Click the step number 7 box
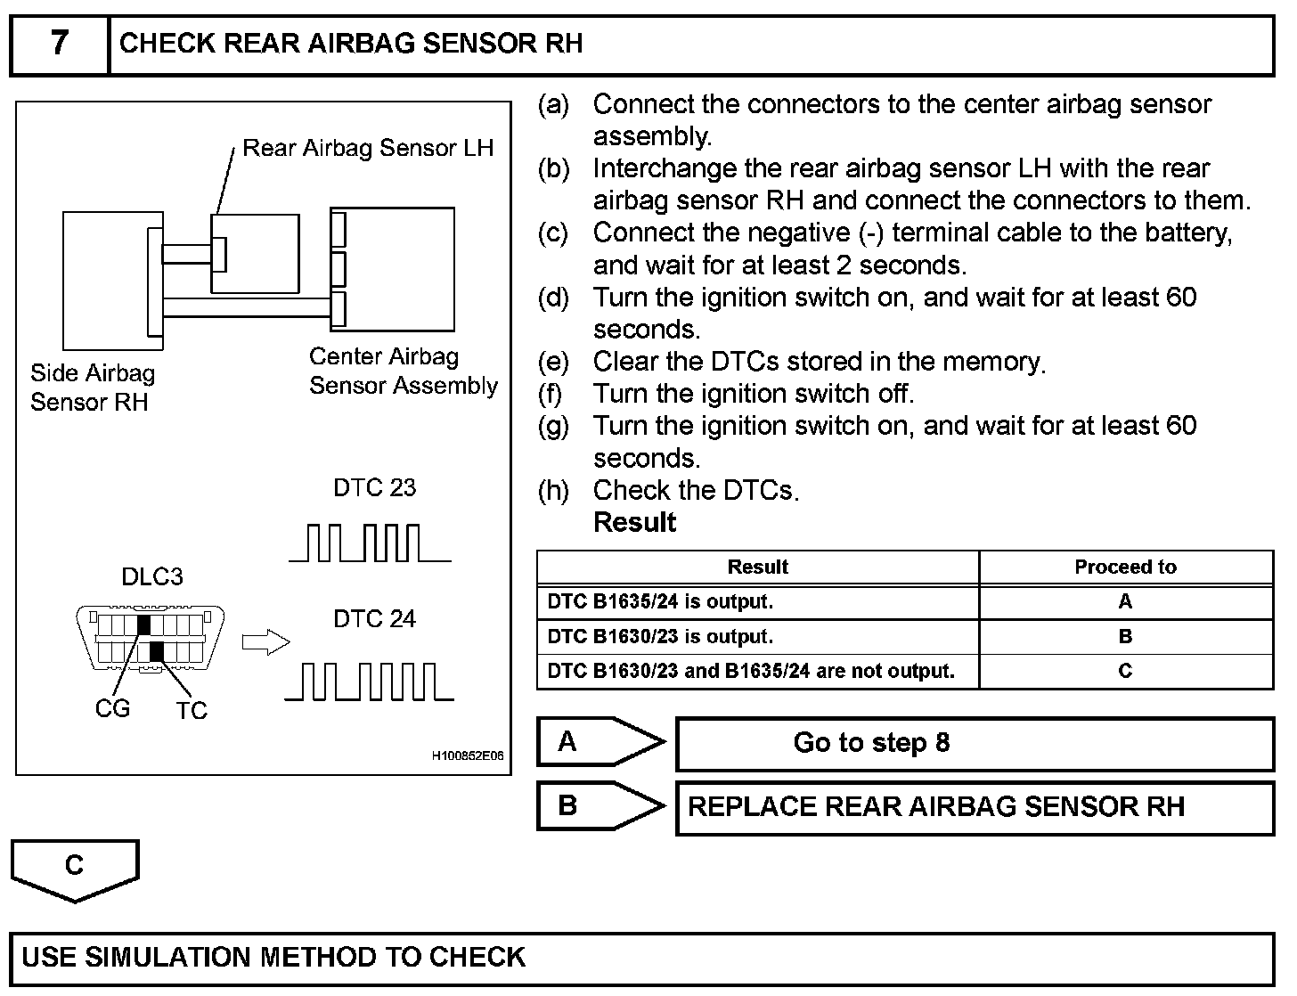59,44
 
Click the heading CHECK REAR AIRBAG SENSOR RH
351,44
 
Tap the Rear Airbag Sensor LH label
367,148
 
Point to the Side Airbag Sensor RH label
92,388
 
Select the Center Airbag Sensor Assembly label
403,371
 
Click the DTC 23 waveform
370,543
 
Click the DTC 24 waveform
370,681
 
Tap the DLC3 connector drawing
151,637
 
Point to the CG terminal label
112,709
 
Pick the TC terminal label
191,711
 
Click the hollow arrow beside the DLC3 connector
265,642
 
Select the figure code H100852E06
468,756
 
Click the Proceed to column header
1125,567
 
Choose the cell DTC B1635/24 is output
660,602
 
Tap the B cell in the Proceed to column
1125,637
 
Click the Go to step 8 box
975,743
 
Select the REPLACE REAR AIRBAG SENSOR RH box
975,807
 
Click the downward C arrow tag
75,868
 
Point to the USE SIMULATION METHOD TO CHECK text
273,958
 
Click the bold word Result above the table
634,523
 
